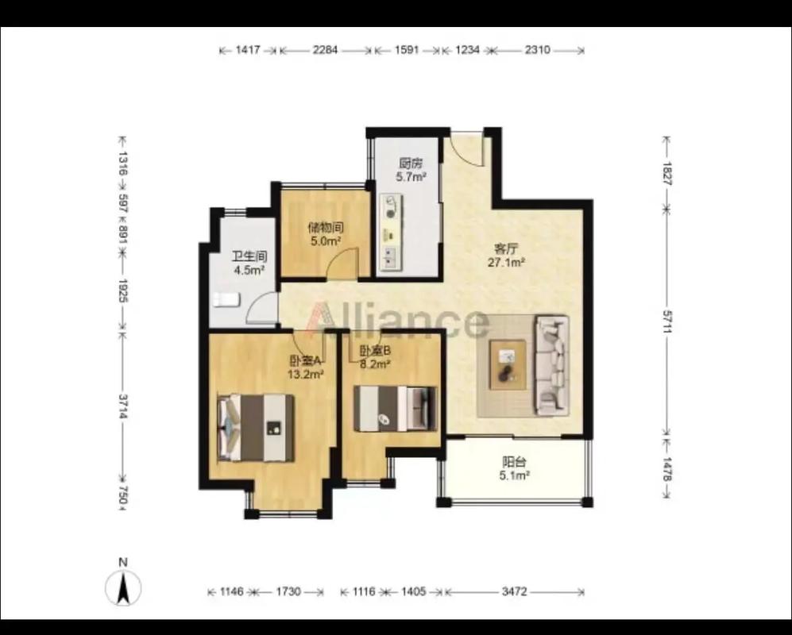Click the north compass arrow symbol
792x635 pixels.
123,587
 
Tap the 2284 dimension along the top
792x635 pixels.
325,50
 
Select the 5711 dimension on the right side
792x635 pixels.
666,321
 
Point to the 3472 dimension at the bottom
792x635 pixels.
514,591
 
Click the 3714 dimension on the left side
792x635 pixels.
122,406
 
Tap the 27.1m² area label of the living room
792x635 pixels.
507,262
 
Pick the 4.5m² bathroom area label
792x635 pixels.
249,270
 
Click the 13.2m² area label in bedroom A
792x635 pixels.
306,374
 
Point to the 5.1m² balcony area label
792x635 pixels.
514,475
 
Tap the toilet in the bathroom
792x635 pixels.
226,299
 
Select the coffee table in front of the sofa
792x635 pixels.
508,364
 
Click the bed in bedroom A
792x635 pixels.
256,428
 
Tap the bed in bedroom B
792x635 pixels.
395,408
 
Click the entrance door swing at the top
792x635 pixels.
467,148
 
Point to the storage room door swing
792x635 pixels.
342,264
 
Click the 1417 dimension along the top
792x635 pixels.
248,50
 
